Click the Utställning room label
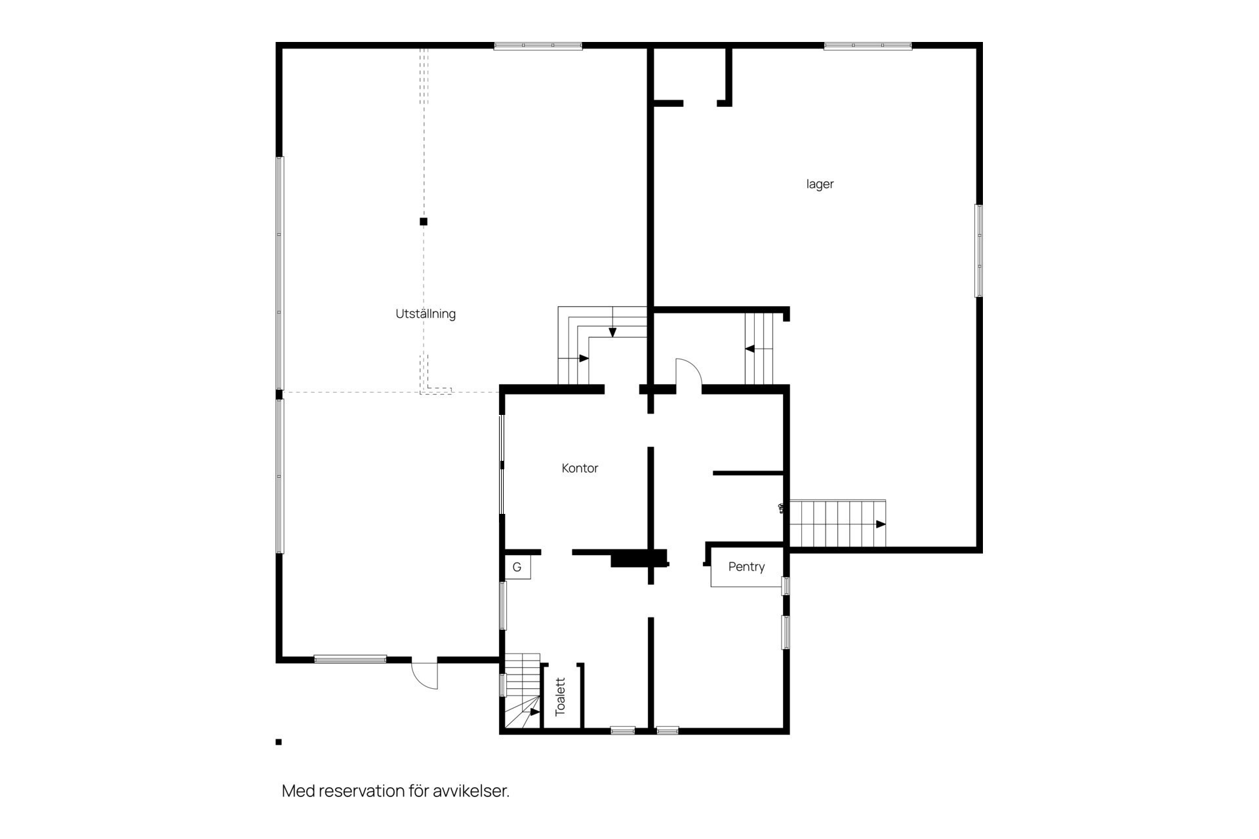[426, 314]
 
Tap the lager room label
[820, 184]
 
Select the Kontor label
[580, 468]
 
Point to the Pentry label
[746, 567]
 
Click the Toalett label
[560, 697]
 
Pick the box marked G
[517, 567]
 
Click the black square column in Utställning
[424, 222]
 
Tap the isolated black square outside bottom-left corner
[279, 742]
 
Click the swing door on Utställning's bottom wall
[425, 674]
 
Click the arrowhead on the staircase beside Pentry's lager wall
[881, 524]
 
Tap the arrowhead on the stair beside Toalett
[535, 712]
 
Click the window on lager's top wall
[868, 46]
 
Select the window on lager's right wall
[979, 250]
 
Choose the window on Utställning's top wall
[538, 46]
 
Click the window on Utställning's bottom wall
[350, 659]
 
